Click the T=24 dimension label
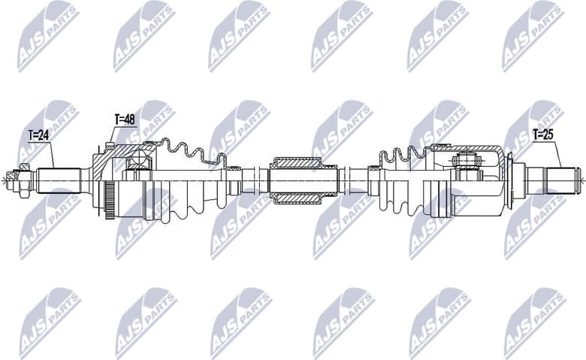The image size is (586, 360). tap(40, 136)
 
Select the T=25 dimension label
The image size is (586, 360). tap(545, 135)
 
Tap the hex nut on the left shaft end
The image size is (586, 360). tap(23, 180)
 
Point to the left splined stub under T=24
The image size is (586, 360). tap(59, 180)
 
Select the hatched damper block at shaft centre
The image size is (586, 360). tap(295, 180)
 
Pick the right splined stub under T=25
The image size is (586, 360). tap(560, 180)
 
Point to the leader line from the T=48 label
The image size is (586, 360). tap(112, 135)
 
